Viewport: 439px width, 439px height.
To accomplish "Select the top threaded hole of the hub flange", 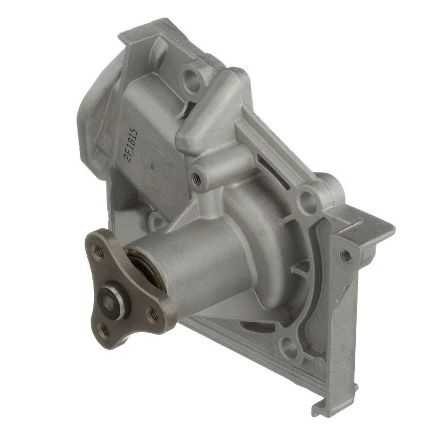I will (98, 252).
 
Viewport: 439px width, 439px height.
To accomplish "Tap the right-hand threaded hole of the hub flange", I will (153, 312).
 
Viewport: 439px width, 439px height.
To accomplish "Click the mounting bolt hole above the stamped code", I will (191, 78).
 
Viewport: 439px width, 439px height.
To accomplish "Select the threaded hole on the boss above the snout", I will (196, 179).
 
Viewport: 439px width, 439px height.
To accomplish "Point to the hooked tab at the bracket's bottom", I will (317, 408).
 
